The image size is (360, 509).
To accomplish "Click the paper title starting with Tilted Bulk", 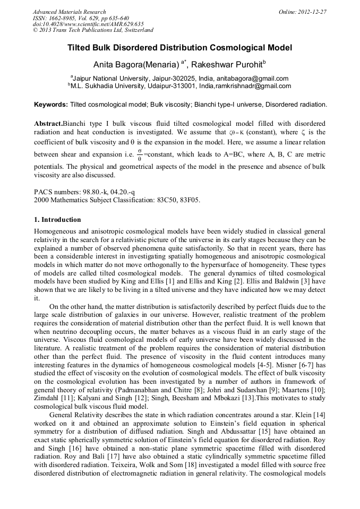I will [179, 48].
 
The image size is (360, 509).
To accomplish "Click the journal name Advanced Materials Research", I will [70, 12].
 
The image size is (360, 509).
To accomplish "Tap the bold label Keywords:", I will [51, 105].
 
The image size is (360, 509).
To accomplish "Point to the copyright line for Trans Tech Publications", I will [93, 30].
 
